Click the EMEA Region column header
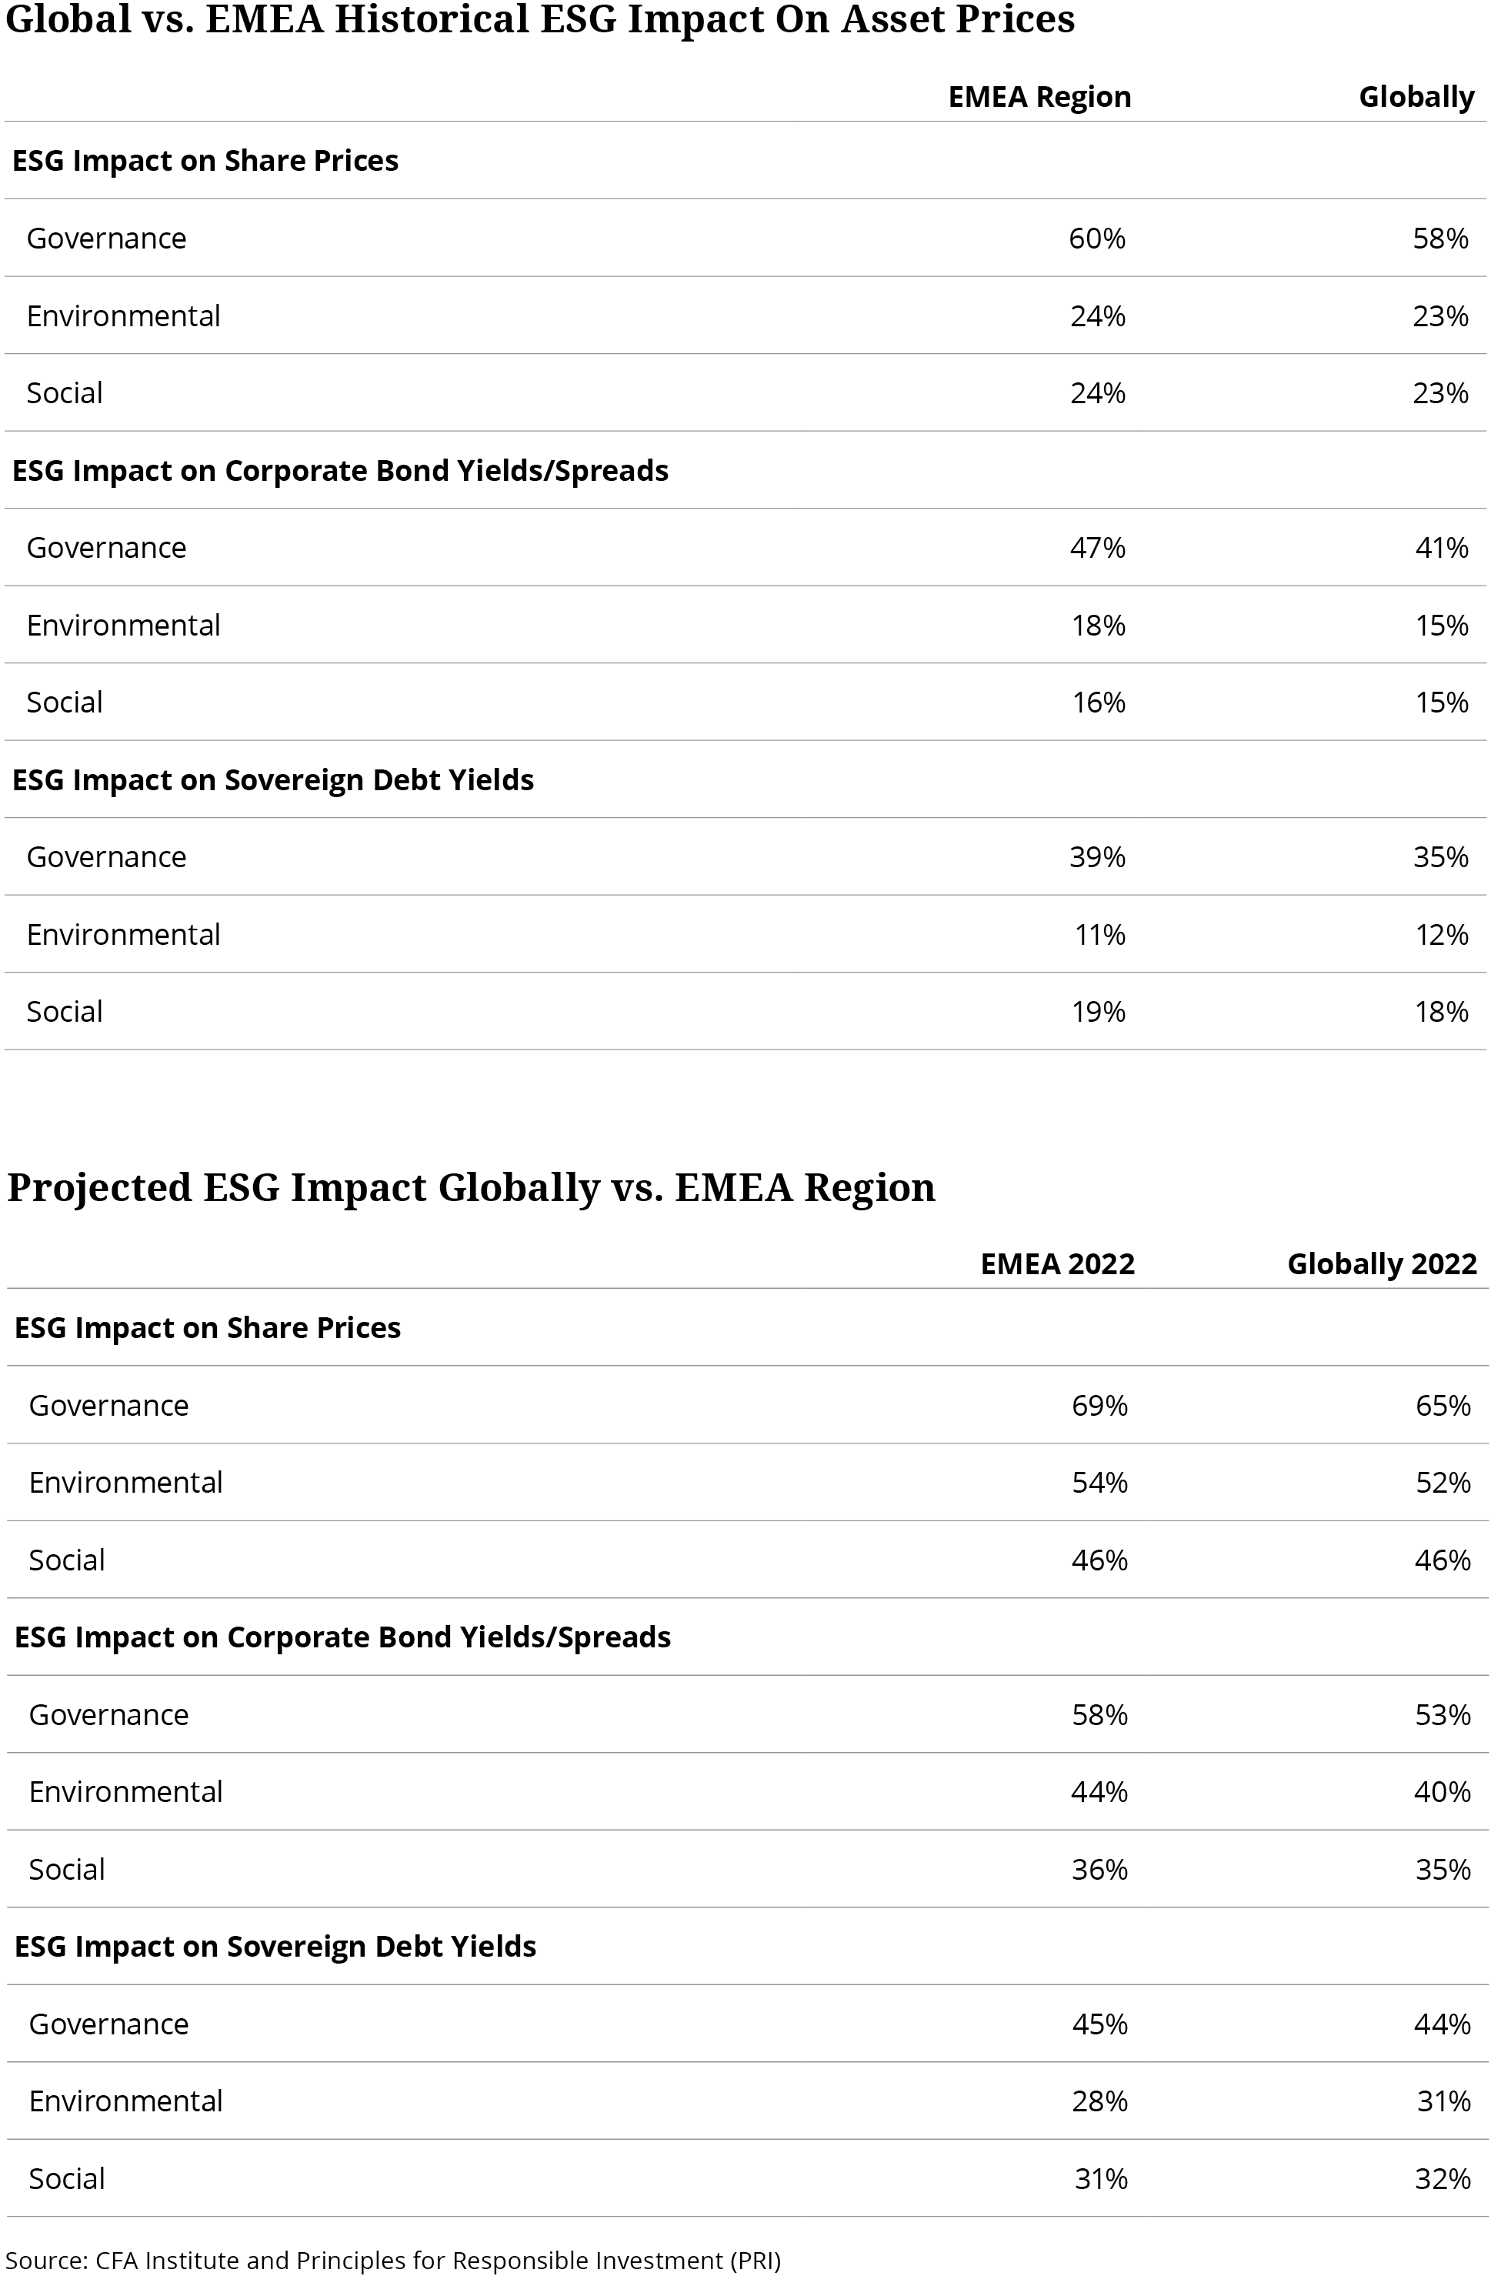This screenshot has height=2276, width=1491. click(1039, 98)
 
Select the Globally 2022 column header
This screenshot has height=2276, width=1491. click(1382, 1264)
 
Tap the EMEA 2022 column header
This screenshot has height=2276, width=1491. click(1058, 1264)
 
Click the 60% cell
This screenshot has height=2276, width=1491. click(1098, 238)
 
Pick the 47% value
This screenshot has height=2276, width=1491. click(1098, 548)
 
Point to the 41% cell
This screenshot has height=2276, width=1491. click(1441, 548)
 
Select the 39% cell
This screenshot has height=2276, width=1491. click(1098, 857)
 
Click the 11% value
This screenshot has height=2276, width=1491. click(1100, 934)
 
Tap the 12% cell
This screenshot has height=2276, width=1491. click(1441, 934)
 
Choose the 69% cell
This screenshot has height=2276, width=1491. click(1100, 1406)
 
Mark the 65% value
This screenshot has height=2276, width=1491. click(1443, 1406)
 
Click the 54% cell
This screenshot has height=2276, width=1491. click(1100, 1482)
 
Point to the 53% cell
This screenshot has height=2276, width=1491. click(1443, 1714)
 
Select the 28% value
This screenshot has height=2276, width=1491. click(1100, 2101)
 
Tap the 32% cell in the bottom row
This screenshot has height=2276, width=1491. click(1443, 2178)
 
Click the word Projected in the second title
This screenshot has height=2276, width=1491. click(99, 1189)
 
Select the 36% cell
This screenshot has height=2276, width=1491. click(1100, 1870)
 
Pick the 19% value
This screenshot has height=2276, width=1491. click(1098, 1012)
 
